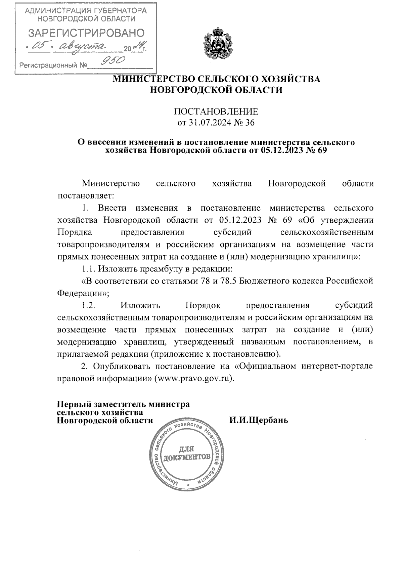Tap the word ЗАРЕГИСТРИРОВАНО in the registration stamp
pos(86,33)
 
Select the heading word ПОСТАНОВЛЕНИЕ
pos(216,111)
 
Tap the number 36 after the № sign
pos(250,123)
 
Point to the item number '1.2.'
pos(90,305)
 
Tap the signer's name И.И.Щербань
pos(259,420)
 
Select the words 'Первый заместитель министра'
pos(123,404)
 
